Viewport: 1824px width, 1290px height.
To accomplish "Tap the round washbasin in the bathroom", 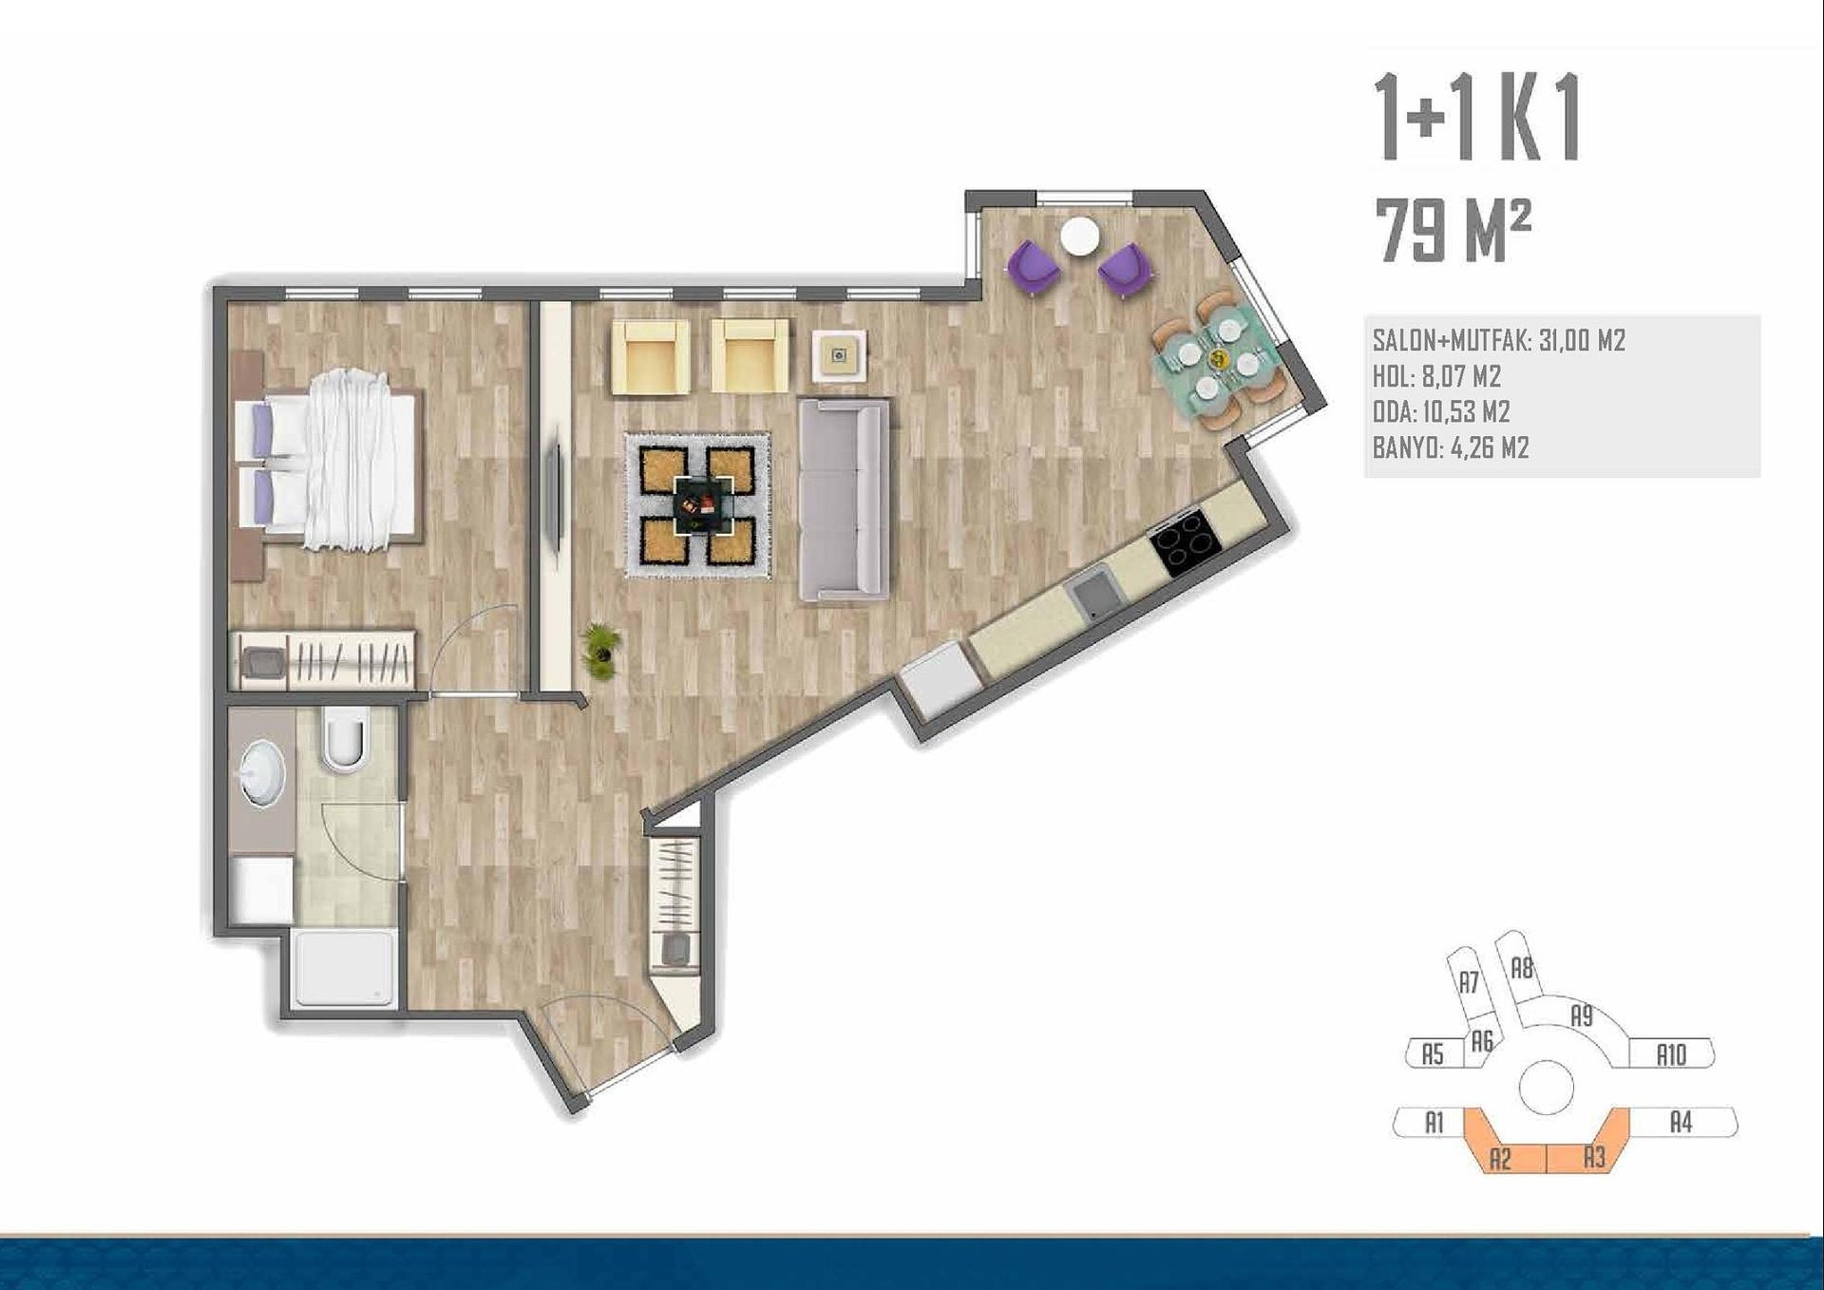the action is pos(261,773).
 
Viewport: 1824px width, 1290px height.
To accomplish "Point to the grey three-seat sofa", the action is pos(844,500).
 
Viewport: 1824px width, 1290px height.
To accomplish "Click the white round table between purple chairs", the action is pos(1080,237).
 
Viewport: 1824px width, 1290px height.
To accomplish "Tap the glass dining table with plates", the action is pos(1218,362).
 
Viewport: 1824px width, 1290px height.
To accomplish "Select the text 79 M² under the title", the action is pos(1453,232).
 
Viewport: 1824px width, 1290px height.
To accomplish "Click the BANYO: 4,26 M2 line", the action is pos(1451,447).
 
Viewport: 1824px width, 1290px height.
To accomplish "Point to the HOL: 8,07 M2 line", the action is pos(1436,376).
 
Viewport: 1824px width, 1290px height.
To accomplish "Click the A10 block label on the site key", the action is pos(1671,1054).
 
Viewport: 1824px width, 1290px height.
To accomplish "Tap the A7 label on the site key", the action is pos(1470,982).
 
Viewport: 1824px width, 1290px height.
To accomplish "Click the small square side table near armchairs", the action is pos(839,356).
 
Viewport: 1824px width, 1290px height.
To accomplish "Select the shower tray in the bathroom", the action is pos(345,968).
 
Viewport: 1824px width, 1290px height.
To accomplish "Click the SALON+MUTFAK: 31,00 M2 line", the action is pos(1499,340).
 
